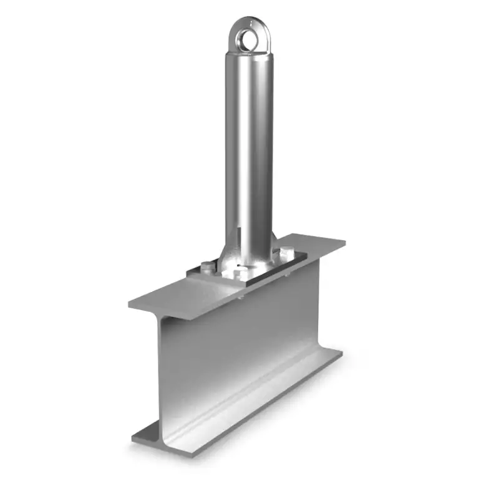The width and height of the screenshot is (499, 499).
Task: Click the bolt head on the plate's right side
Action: point(286,252)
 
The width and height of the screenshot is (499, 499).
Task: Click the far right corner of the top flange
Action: point(345,243)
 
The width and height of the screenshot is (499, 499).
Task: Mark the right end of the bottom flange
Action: point(341,353)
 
